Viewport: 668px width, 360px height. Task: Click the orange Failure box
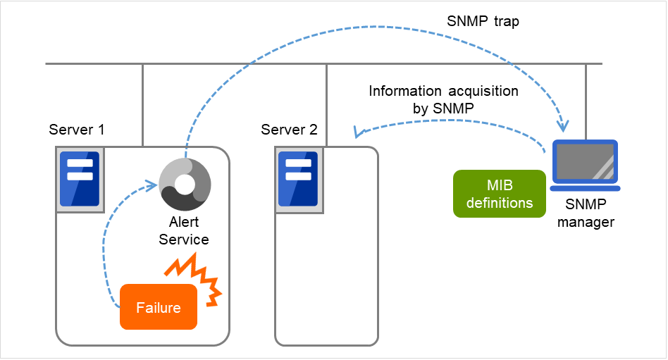point(159,307)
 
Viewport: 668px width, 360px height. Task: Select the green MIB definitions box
point(500,194)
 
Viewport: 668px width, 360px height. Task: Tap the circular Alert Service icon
point(185,185)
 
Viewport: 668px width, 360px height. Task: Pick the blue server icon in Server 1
point(80,179)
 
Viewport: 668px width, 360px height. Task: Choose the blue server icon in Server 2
point(299,179)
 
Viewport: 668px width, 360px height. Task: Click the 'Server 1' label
point(77,130)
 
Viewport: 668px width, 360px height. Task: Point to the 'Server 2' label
point(289,130)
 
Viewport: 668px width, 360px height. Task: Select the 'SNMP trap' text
point(483,21)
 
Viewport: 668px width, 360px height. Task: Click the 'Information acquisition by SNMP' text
point(443,100)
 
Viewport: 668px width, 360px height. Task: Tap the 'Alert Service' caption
point(183,231)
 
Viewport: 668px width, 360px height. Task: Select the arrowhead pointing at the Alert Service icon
point(149,185)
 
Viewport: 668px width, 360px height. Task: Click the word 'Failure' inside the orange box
point(159,308)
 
